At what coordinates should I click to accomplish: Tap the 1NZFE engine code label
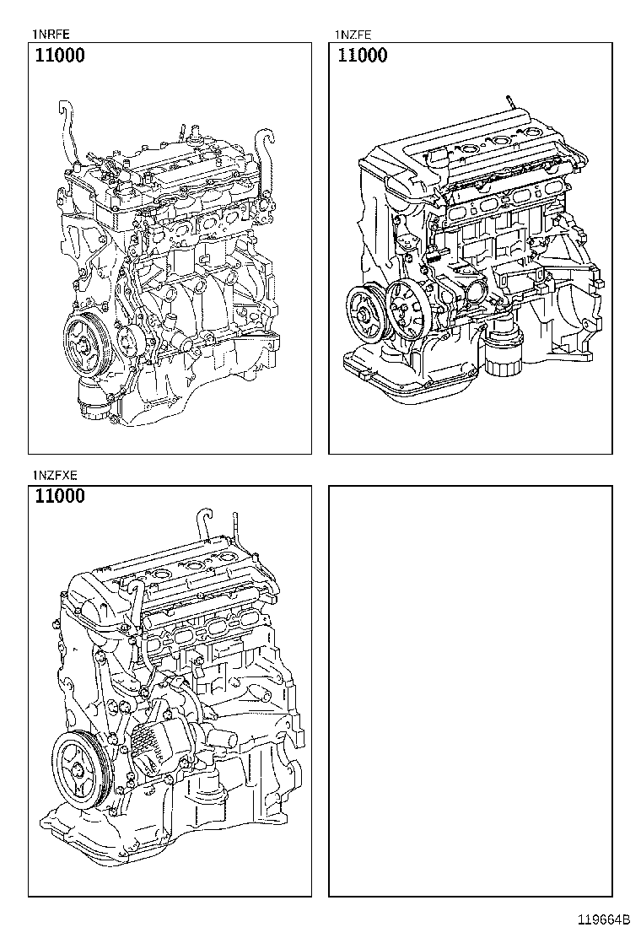[x=353, y=35]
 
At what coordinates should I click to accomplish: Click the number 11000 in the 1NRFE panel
[x=60, y=57]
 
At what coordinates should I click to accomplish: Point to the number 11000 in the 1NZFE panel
[x=363, y=57]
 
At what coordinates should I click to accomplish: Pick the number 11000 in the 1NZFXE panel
[x=60, y=497]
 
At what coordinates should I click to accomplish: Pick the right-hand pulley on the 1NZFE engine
[x=407, y=307]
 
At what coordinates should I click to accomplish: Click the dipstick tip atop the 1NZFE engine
[x=510, y=102]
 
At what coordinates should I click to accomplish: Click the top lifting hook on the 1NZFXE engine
[x=202, y=519]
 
